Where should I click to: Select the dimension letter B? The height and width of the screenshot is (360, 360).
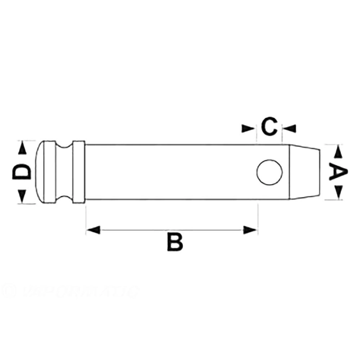(x=175, y=242)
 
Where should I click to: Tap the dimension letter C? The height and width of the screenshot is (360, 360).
(x=269, y=127)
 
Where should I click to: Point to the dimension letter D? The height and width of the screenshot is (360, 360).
(x=22, y=172)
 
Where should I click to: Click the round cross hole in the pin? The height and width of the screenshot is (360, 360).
(x=269, y=172)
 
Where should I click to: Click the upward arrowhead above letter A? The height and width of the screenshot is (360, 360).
(x=338, y=152)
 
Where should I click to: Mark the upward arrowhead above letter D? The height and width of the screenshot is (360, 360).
(x=22, y=149)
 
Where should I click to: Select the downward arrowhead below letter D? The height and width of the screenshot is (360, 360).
(x=22, y=195)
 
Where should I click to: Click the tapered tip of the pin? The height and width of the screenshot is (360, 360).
(x=306, y=172)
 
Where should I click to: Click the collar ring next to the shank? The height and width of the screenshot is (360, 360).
(x=79, y=172)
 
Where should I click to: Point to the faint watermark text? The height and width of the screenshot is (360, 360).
(x=72, y=292)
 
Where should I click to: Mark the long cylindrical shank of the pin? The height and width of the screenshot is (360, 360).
(x=170, y=172)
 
